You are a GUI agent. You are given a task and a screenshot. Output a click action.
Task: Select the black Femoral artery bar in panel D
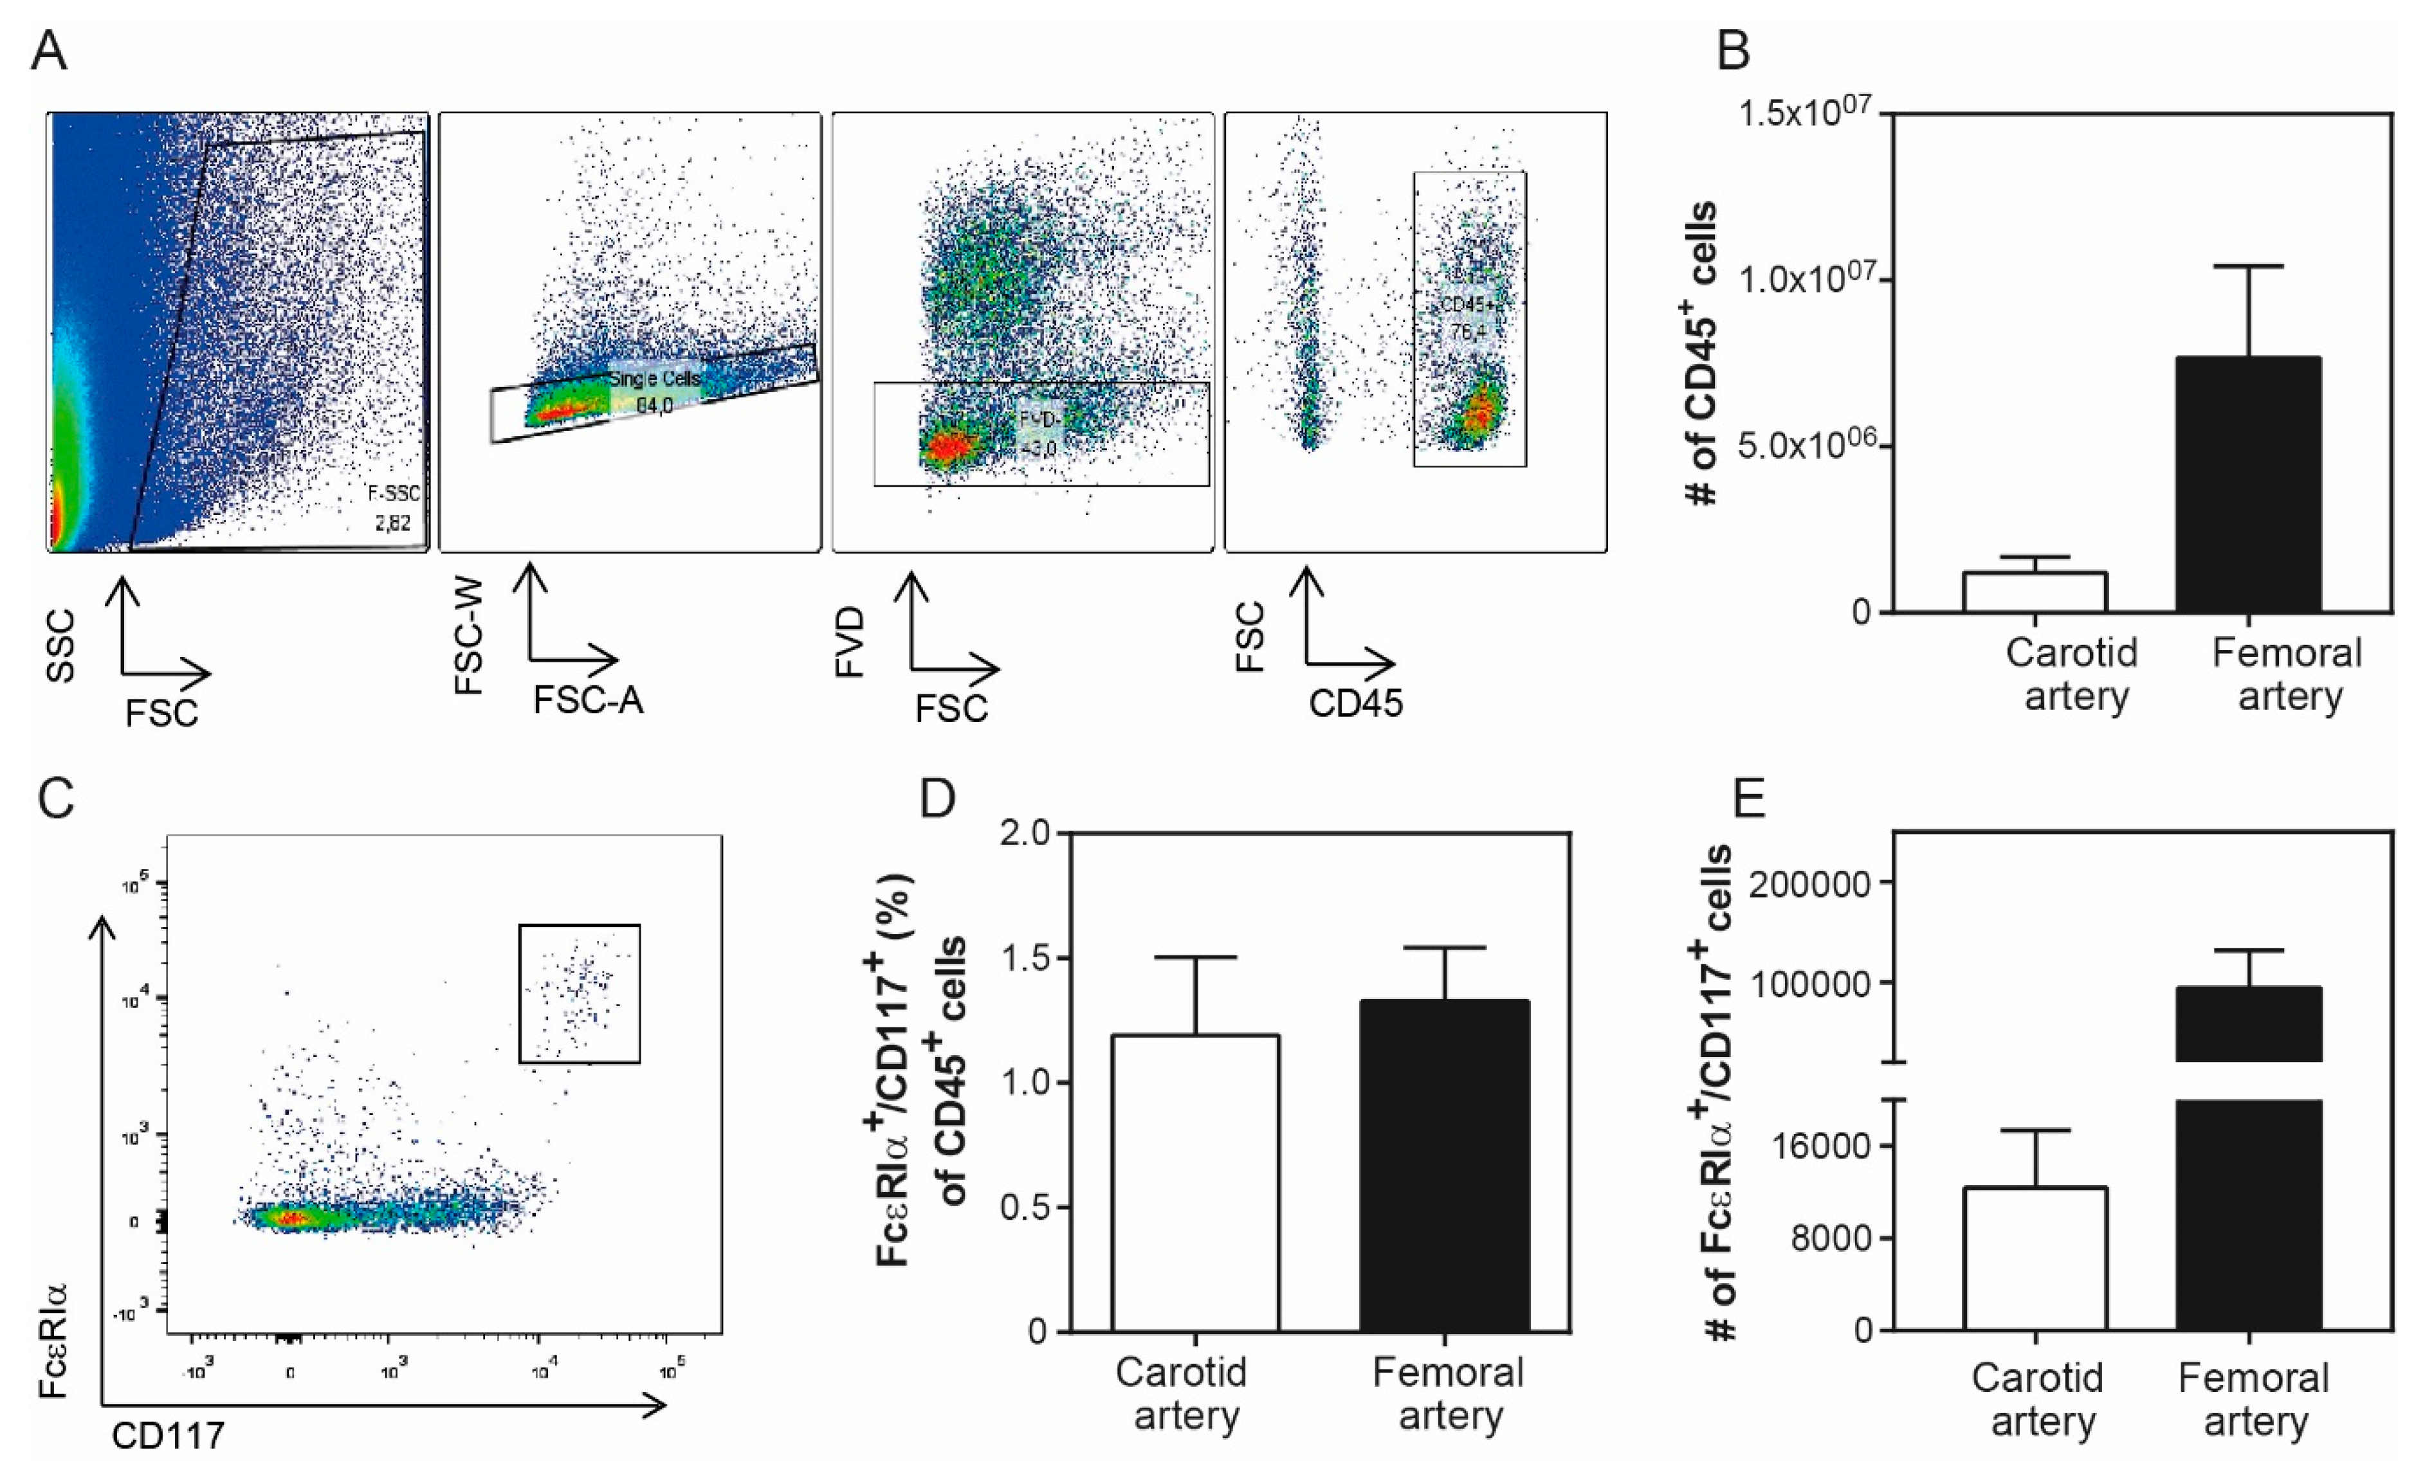[x=1445, y=1166]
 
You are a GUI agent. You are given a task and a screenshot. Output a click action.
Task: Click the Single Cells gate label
[x=654, y=379]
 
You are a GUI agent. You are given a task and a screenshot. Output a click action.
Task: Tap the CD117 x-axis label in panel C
[x=169, y=1436]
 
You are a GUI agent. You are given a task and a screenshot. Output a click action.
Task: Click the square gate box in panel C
[x=580, y=993]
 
